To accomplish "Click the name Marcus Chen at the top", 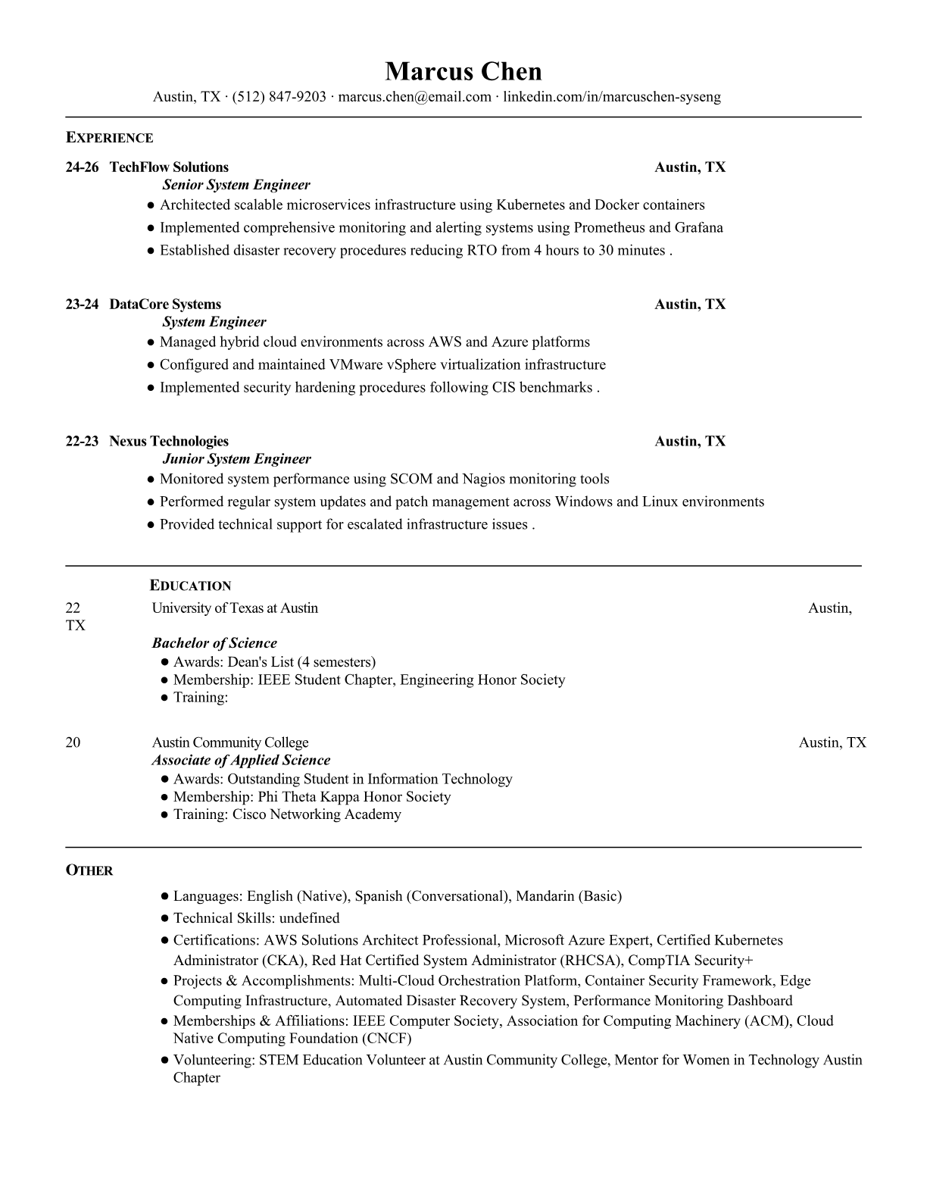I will click(x=463, y=72).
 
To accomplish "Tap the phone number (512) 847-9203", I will click(x=279, y=97).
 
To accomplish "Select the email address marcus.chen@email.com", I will click(x=414, y=97).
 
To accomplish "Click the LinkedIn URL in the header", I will click(x=612, y=97).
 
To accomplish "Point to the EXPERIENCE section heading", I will click(x=109, y=138).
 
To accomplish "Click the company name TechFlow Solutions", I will click(x=169, y=167).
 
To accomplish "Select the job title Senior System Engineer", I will click(x=236, y=185).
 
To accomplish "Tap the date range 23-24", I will click(x=82, y=305).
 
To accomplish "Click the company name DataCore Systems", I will click(x=165, y=305).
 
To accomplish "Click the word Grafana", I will click(x=699, y=228).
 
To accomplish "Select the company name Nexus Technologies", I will click(x=169, y=442).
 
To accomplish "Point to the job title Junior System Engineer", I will click(x=236, y=459).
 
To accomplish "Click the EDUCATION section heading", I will click(x=191, y=586).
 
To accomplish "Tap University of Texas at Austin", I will click(x=235, y=608).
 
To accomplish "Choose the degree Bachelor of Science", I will click(x=214, y=643).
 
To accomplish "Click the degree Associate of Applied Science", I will click(x=241, y=761).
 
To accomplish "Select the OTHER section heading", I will click(x=89, y=870).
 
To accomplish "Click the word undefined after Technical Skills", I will click(x=309, y=918).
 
